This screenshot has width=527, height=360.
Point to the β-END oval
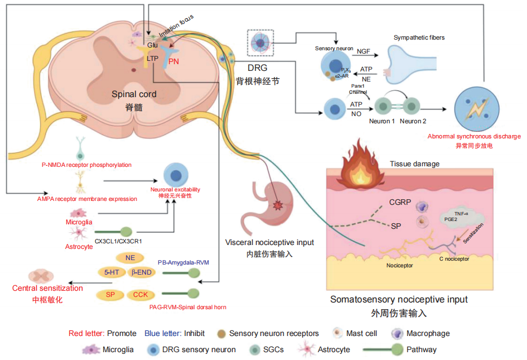point(143,273)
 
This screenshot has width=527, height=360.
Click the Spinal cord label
point(134,94)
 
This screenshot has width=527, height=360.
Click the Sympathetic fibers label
point(419,37)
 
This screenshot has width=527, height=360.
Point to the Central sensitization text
point(47,289)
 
